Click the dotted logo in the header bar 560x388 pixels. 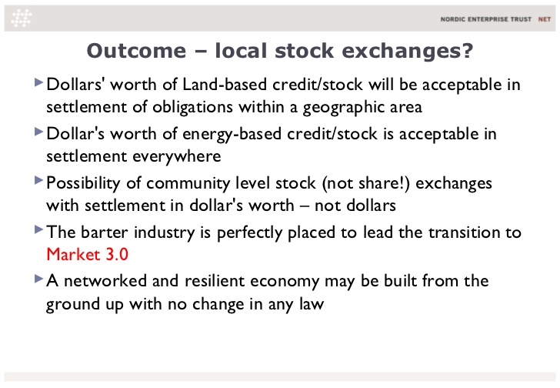(x=22, y=18)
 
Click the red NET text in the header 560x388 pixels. (x=545, y=19)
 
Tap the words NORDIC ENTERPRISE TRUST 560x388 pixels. (x=486, y=19)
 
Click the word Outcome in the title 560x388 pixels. (x=136, y=50)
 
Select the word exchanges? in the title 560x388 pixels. (x=408, y=51)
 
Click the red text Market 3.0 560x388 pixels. (x=88, y=254)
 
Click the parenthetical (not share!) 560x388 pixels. (x=365, y=184)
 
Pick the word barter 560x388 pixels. (x=105, y=232)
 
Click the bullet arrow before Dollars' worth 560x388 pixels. (x=38, y=82)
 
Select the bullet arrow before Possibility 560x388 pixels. (x=38, y=180)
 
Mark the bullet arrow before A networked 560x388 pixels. (x=38, y=279)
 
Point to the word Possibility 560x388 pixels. (x=83, y=184)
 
